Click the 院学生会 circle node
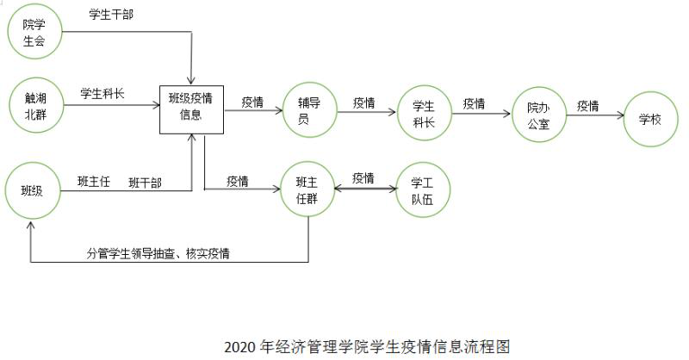(33, 32)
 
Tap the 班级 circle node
(32, 190)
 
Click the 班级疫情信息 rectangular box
(191, 108)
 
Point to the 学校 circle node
(650, 119)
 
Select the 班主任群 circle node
(307, 189)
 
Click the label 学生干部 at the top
(111, 15)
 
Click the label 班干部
(145, 183)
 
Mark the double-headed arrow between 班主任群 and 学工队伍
(363, 190)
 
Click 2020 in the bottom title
(237, 347)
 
